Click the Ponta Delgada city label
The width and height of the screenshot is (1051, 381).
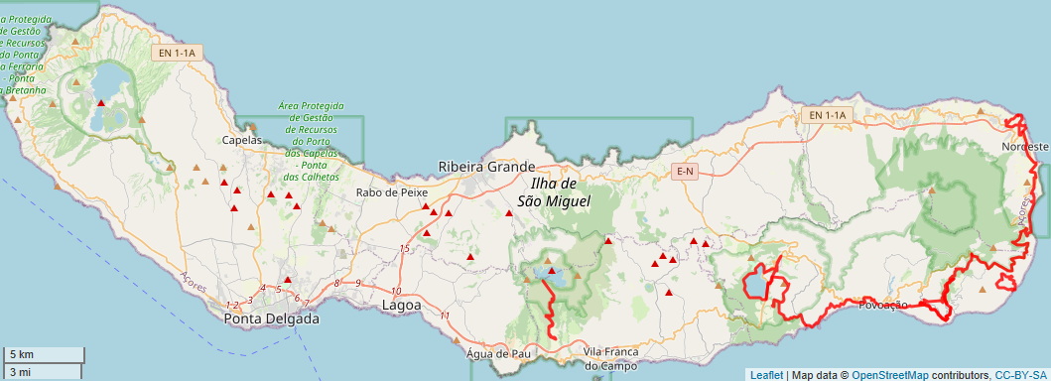point(272,319)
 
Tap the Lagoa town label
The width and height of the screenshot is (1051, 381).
point(401,306)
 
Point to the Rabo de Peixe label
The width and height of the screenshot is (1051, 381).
point(392,192)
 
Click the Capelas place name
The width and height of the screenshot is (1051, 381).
point(241,140)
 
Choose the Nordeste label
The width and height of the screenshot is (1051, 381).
point(1024,147)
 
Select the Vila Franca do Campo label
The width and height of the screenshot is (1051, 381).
point(610,359)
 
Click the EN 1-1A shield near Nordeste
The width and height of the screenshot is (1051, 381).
point(827,116)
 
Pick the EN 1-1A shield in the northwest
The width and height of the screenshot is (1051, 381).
point(179,53)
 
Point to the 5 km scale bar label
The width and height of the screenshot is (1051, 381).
point(22,355)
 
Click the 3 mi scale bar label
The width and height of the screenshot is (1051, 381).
point(20,372)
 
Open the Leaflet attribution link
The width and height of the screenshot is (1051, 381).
point(766,375)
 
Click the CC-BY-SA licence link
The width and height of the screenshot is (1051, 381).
point(1020,375)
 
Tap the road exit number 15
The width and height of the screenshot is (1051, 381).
point(404,248)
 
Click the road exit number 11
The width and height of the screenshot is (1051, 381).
point(445,316)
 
